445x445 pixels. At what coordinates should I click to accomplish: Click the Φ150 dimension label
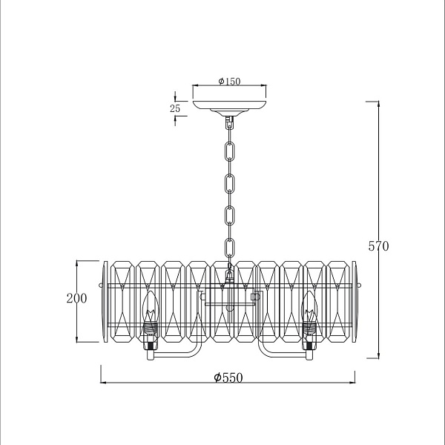pyautogui.click(x=229, y=82)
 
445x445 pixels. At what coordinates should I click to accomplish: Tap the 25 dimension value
pyautogui.click(x=175, y=108)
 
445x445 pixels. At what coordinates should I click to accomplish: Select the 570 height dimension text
pyautogui.click(x=378, y=246)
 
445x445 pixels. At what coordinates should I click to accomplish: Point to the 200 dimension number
pyautogui.click(x=76, y=298)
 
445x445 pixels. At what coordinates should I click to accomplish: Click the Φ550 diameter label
pyautogui.click(x=228, y=378)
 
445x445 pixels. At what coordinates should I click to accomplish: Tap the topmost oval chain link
pyautogui.click(x=230, y=152)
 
